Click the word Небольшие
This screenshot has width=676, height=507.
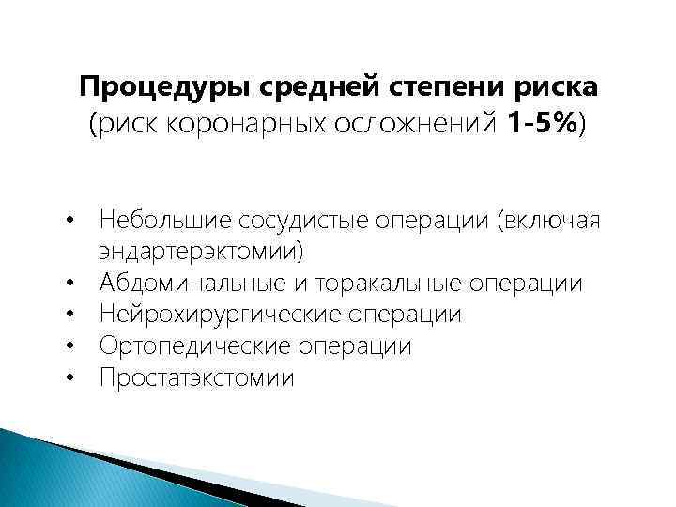coord(165,220)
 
